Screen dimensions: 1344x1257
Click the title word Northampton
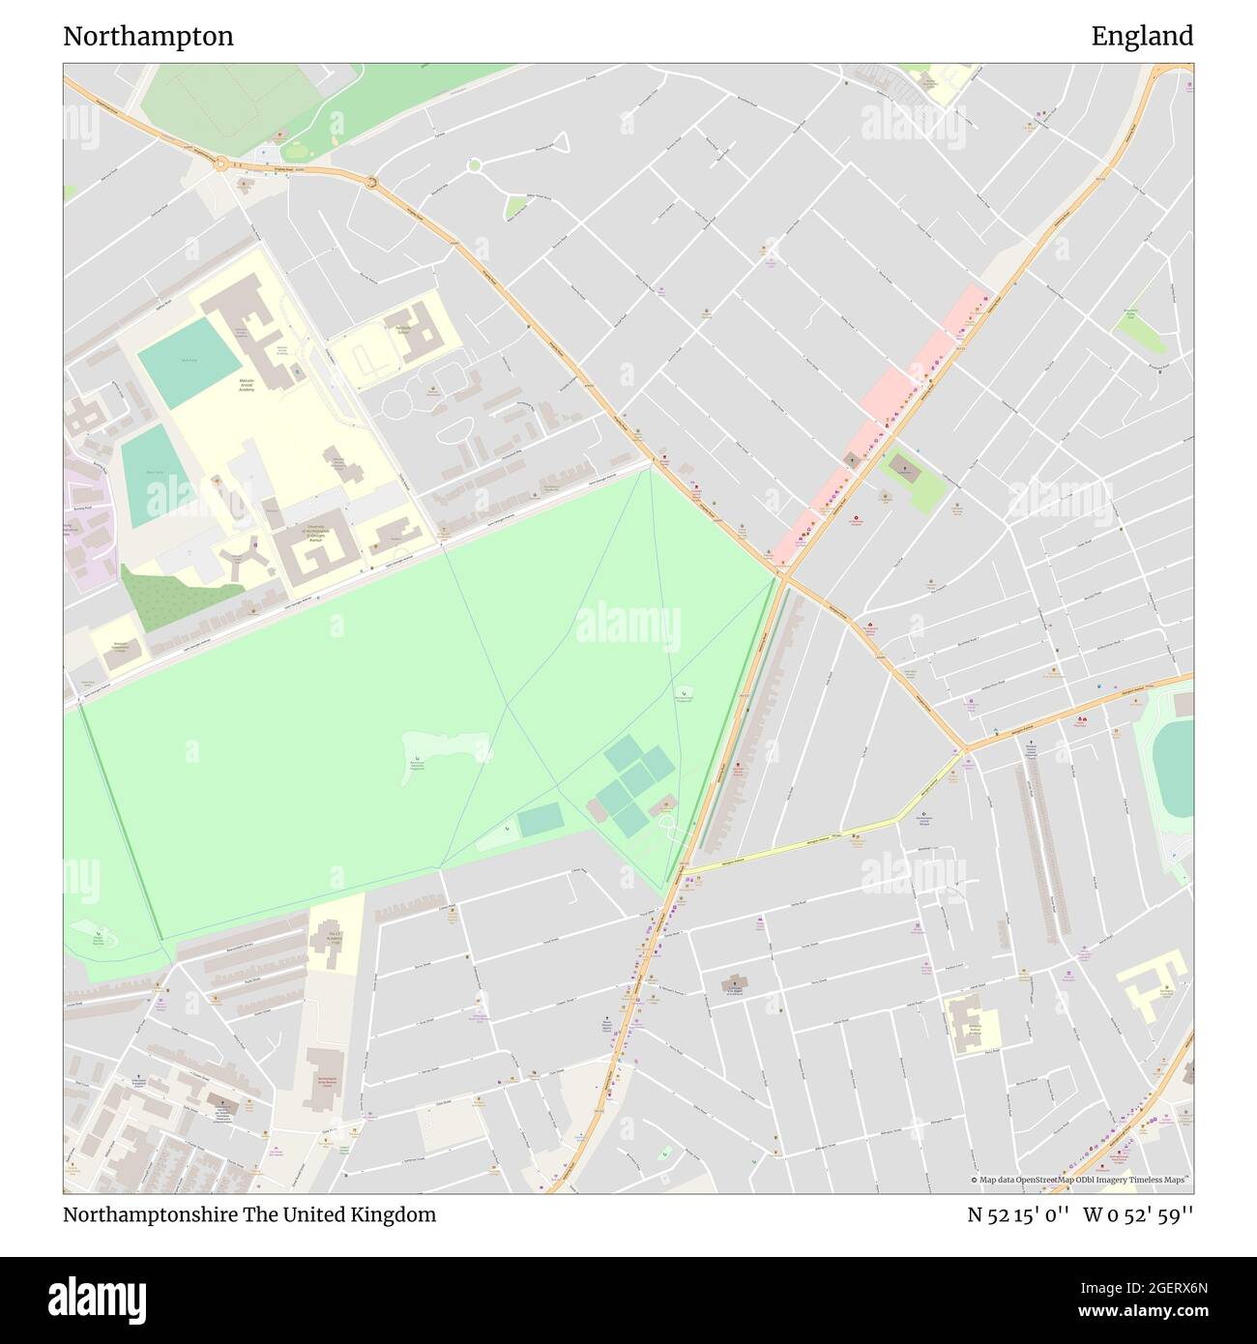148,37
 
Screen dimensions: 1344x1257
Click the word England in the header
1142,37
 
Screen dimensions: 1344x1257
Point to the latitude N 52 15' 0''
1018,1214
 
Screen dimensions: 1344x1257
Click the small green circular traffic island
474,165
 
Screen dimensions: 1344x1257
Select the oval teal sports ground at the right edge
1174,769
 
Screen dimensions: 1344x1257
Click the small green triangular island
516,206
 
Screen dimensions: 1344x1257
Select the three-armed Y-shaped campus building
238,561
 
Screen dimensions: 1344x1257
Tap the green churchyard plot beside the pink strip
910,481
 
